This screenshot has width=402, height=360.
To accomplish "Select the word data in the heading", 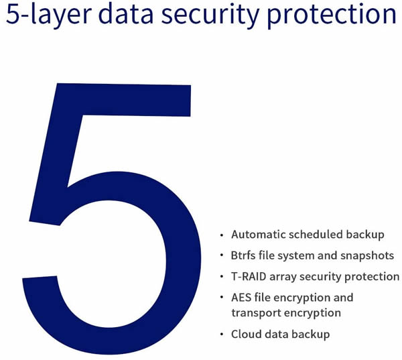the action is pos(126,13).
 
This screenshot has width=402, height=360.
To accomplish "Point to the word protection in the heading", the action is pos(332,15).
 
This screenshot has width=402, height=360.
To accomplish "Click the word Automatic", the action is pos(259,235).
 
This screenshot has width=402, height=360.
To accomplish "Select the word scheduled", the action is pos(316,235).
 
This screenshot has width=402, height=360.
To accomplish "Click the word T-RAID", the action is pos(249,277).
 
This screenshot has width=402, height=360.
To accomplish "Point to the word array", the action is pos(283,278).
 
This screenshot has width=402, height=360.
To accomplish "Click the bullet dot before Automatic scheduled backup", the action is pos(222,235).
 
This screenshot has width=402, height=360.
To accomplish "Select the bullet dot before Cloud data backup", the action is pos(222,335).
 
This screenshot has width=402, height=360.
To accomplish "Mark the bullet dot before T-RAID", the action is pos(222,277).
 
